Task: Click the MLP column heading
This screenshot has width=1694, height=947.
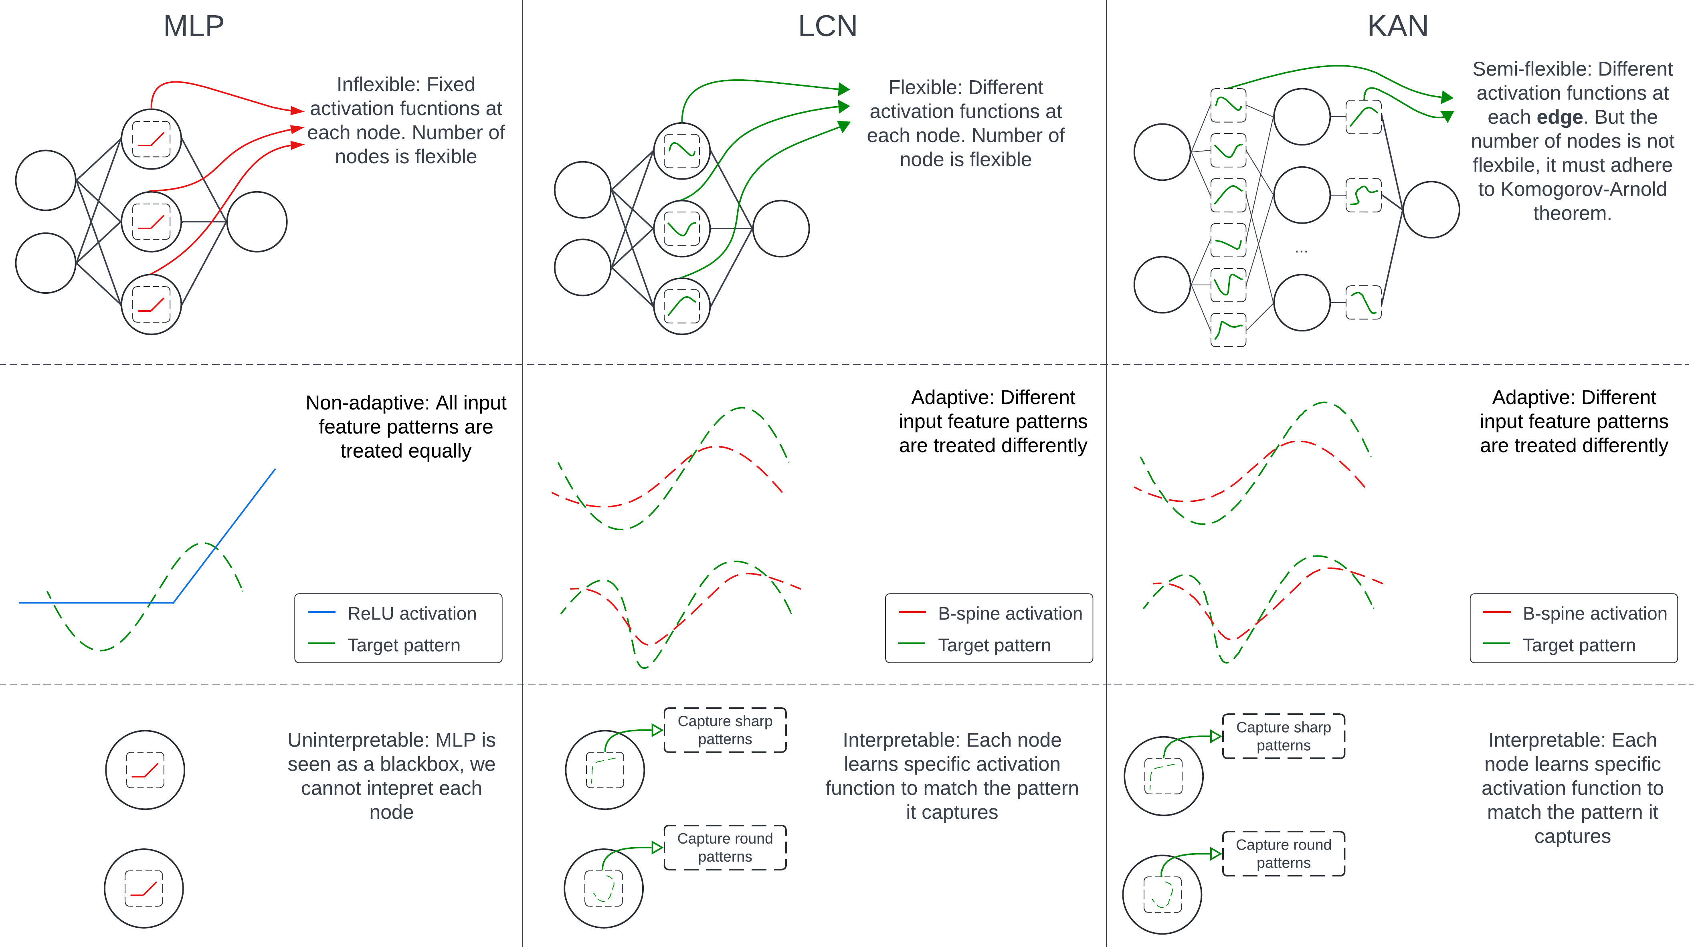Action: pos(193,26)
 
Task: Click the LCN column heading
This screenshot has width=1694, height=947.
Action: pos(827,26)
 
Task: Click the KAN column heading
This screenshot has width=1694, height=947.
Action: pos(1397,26)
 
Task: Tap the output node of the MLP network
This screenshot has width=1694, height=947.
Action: pos(257,222)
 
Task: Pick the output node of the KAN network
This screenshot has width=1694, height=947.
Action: pos(1431,210)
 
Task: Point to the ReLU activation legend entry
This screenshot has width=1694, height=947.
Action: pos(412,614)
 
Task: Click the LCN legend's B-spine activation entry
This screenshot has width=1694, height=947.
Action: pos(1009,614)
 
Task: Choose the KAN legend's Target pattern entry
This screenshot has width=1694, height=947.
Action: pos(1578,645)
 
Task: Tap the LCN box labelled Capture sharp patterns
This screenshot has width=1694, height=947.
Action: pos(725,730)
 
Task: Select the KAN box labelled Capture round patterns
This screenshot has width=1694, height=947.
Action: pos(1283,854)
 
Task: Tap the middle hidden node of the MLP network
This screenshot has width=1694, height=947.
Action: pos(151,222)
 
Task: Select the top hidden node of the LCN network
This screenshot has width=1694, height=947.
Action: pos(682,151)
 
